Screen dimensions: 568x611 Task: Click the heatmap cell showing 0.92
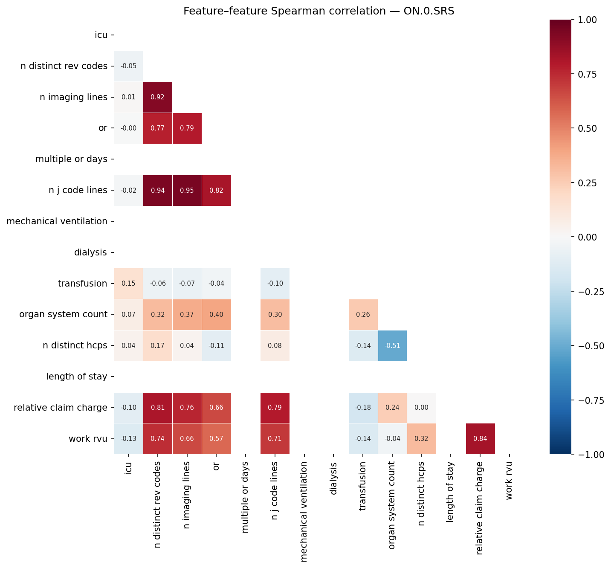pos(158,97)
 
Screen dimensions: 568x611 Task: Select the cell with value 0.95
pos(187,191)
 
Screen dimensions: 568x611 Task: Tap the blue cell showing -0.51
pos(392,346)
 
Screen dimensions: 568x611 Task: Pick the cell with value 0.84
pos(480,439)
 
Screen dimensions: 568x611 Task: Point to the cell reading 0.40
pos(216,315)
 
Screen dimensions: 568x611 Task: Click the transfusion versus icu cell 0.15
pos(128,284)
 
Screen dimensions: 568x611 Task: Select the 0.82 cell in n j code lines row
pos(216,191)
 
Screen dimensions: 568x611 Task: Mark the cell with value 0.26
pos(363,315)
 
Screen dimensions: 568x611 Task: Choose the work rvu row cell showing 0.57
pos(216,439)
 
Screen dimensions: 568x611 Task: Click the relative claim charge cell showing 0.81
pos(158,408)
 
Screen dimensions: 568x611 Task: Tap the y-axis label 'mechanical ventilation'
pos(57,221)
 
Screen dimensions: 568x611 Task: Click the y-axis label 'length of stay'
pos(77,377)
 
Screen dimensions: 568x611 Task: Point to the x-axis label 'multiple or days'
pos(245,497)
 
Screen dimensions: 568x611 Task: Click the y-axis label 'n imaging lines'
pos(73,97)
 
